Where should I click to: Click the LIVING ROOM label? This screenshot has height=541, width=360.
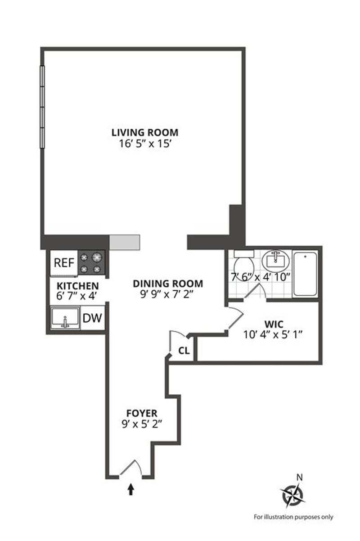[x=144, y=133]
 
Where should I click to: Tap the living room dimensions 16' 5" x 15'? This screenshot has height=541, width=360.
[x=145, y=144]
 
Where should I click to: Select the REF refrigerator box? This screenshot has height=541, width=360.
[x=64, y=263]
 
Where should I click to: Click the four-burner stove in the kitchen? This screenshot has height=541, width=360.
[x=91, y=262]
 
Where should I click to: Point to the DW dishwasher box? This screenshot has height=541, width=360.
[x=92, y=318]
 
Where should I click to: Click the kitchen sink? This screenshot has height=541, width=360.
[x=65, y=318]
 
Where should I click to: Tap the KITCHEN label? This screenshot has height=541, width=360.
[x=78, y=286]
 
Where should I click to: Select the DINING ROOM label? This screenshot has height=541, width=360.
[x=168, y=284]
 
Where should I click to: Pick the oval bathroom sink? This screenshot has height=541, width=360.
[x=275, y=261]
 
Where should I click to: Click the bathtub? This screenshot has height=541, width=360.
[x=305, y=274]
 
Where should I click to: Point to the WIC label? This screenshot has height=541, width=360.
[x=274, y=325]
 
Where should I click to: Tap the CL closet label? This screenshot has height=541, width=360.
[x=184, y=351]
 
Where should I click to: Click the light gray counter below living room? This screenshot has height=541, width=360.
[x=125, y=242]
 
